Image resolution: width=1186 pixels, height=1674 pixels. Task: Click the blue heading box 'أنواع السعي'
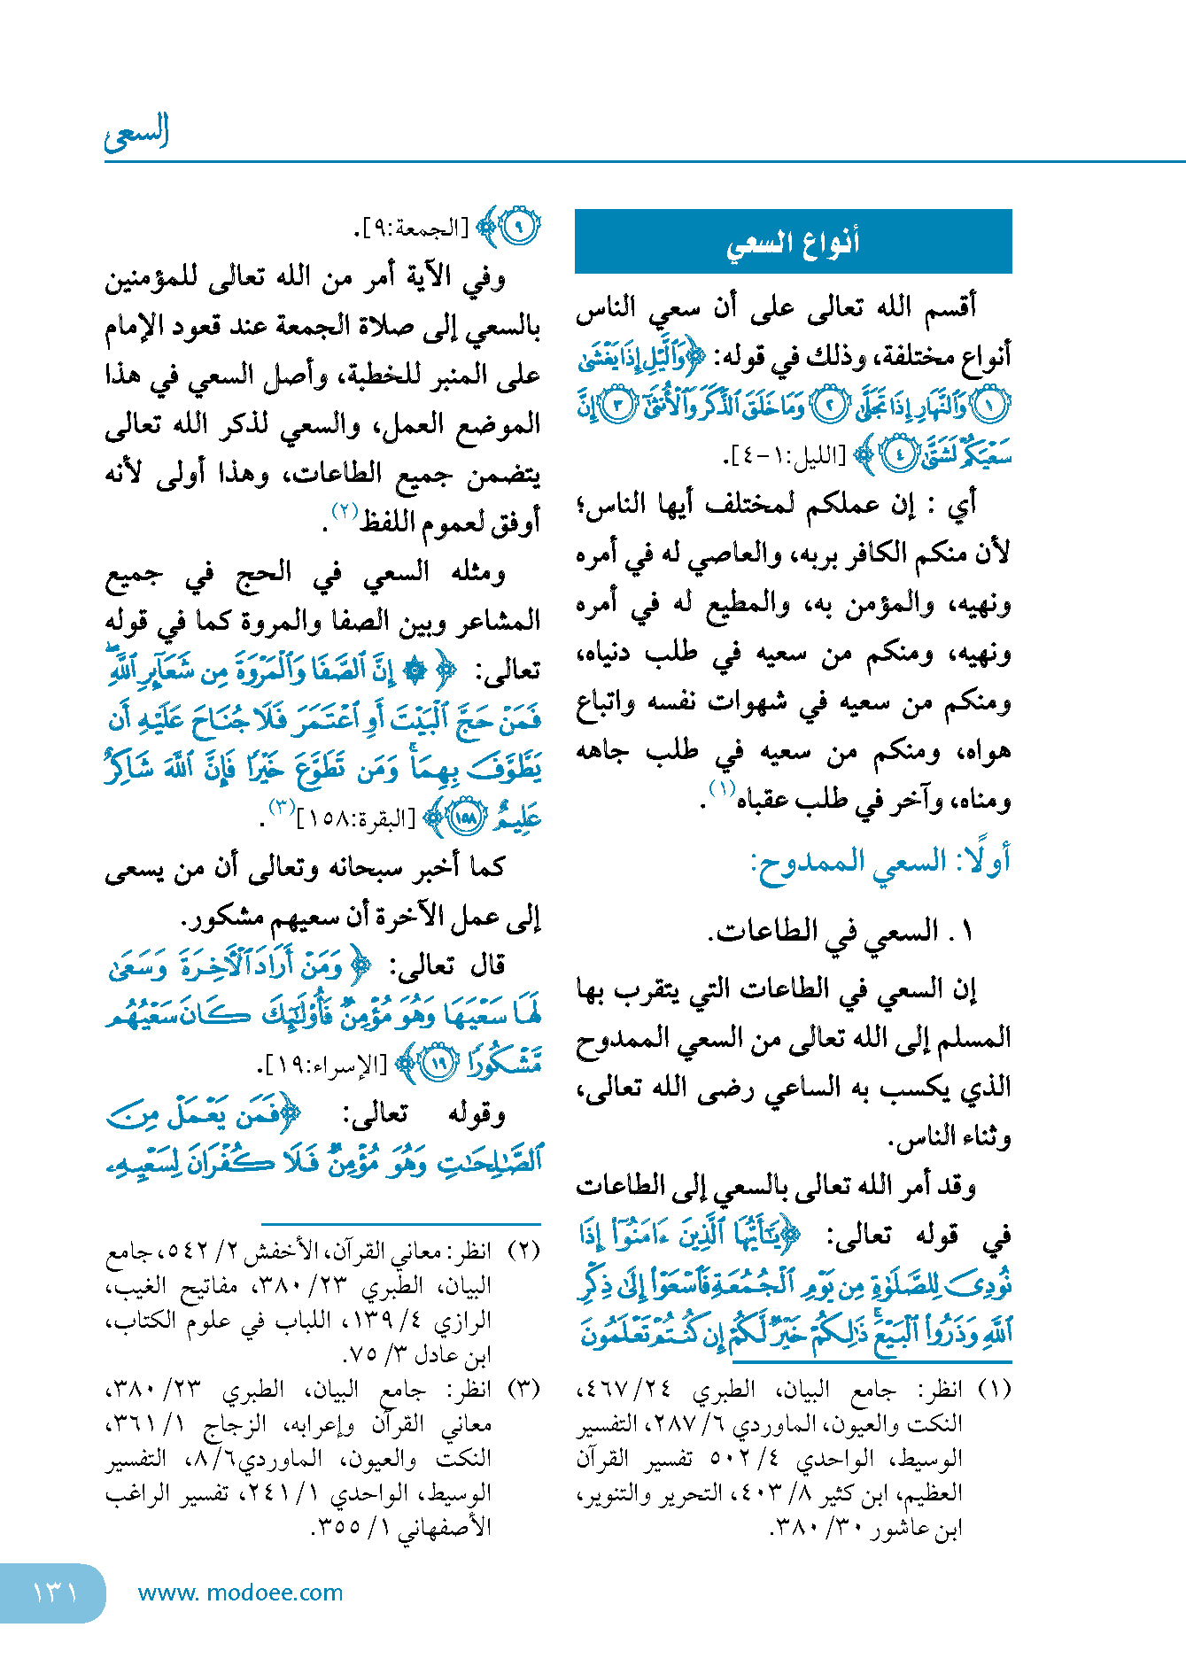[793, 241]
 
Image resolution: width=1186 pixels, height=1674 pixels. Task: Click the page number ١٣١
[55, 1593]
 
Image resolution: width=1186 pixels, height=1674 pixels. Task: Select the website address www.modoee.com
[241, 1593]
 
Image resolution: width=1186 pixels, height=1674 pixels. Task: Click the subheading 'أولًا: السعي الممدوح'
[880, 862]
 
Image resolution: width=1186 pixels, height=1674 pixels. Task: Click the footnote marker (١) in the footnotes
[993, 1388]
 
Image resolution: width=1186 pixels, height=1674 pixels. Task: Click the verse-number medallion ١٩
[438, 1063]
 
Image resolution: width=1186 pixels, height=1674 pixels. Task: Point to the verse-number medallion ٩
[520, 229]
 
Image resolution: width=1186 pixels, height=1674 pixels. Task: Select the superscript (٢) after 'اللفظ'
[344, 511]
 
